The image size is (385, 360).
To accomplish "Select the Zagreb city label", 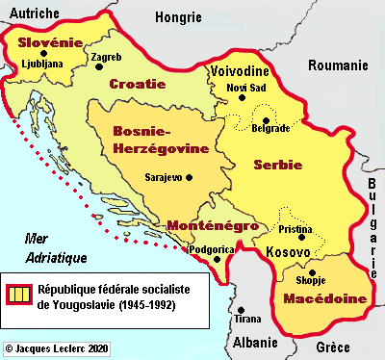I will click(105, 57).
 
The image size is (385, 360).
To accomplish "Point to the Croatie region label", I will click(132, 84).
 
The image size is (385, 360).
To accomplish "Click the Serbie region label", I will click(278, 165).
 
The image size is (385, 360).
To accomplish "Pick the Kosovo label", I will click(287, 252).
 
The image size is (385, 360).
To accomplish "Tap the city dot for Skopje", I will click(310, 272).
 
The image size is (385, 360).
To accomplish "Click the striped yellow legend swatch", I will click(20, 295).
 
